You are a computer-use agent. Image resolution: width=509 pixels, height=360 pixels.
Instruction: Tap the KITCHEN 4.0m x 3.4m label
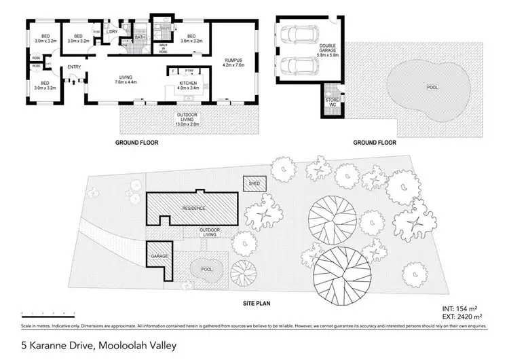tap(187, 84)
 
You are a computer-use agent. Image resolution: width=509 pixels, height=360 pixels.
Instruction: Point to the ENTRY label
tap(73, 66)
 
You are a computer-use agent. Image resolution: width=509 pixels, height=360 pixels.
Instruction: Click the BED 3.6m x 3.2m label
tap(191, 39)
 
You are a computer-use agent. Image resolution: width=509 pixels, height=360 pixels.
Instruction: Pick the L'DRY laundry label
tap(113, 32)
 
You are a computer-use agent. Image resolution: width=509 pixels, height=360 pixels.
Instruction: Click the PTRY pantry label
tap(189, 70)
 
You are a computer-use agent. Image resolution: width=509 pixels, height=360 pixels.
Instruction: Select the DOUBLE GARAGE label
tap(328, 49)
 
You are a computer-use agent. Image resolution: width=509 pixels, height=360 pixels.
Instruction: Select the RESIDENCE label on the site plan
tap(193, 207)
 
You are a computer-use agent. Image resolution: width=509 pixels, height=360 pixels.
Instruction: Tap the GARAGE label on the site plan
tap(159, 256)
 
